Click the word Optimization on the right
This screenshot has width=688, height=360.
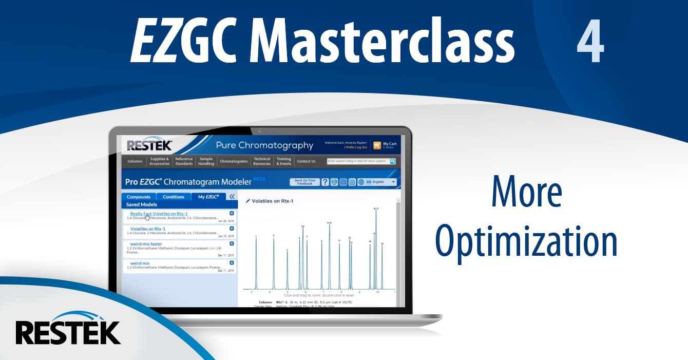pyautogui.click(x=526, y=241)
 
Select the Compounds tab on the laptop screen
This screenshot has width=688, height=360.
pyautogui.click(x=139, y=197)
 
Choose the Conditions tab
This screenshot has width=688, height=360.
pyautogui.click(x=174, y=197)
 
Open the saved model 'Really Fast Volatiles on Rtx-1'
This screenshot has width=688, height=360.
pyautogui.click(x=159, y=214)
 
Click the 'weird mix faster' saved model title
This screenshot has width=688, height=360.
pyautogui.click(x=146, y=244)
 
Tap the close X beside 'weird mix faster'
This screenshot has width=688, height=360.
pyautogui.click(x=232, y=243)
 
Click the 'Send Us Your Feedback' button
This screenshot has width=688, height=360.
pyautogui.click(x=304, y=182)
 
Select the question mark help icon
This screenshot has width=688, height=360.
pyautogui.click(x=325, y=182)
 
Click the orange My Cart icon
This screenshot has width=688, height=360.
pyautogui.click(x=377, y=145)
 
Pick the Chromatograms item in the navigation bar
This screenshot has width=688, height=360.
pyautogui.click(x=234, y=161)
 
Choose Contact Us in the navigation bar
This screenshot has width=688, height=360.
pyautogui.click(x=306, y=161)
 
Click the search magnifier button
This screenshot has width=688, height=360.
pyautogui.click(x=393, y=161)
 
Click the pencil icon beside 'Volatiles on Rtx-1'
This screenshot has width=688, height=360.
pyautogui.click(x=248, y=201)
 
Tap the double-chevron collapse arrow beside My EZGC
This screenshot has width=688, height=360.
pyautogui.click(x=232, y=197)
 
